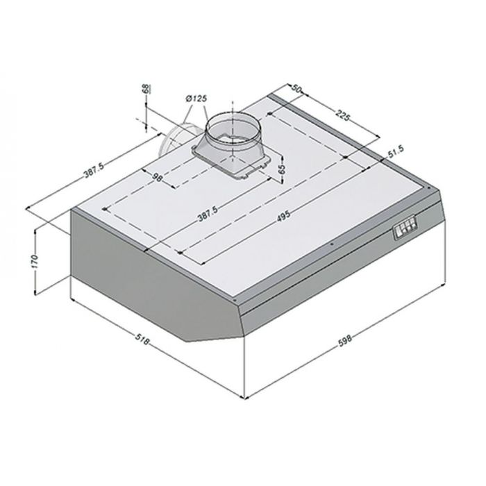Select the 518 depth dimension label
point(142,339)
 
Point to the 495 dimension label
point(283,215)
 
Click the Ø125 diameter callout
point(196,99)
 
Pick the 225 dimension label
point(342,115)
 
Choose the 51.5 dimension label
point(396,151)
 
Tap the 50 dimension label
point(296,89)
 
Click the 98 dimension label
point(158,177)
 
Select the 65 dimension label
point(282,169)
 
